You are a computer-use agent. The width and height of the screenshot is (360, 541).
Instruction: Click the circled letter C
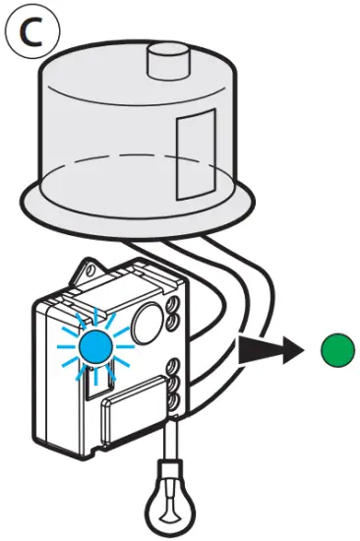(32, 33)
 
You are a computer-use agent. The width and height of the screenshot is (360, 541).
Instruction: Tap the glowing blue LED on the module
(94, 347)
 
